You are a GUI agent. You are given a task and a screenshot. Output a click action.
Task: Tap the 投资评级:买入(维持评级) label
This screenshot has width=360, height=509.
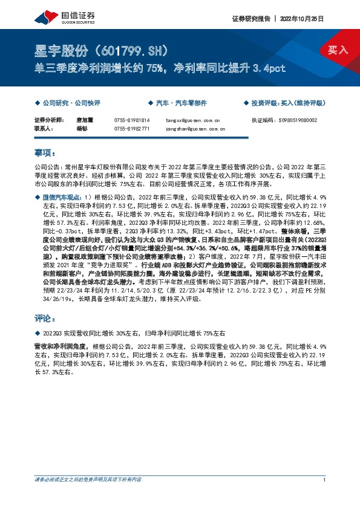[290, 103]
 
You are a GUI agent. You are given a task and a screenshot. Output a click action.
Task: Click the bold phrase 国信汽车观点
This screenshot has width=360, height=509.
[62, 197]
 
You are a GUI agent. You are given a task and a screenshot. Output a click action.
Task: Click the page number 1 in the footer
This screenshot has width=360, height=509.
[325, 480]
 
